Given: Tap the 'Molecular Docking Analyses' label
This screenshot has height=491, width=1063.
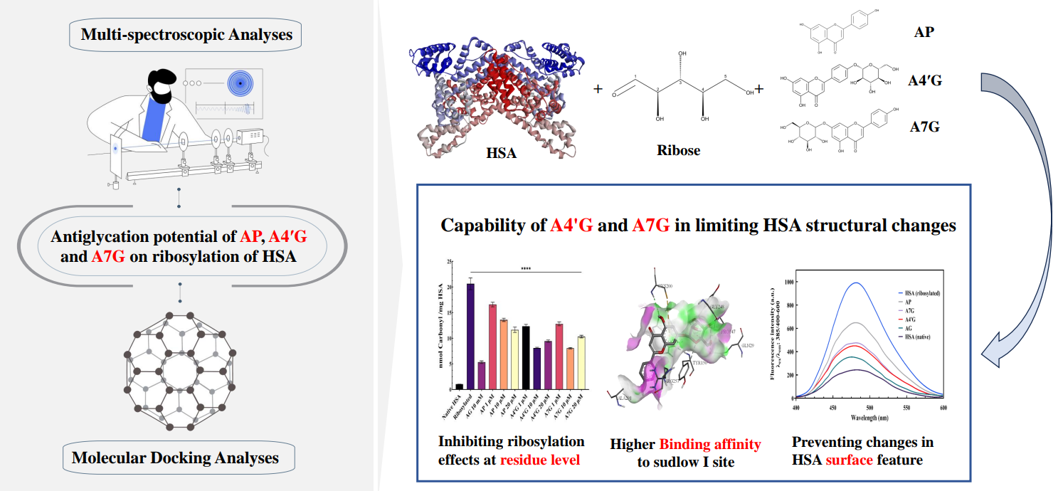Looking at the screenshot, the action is [x=175, y=457].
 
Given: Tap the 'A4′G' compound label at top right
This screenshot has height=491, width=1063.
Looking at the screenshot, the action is [x=925, y=80].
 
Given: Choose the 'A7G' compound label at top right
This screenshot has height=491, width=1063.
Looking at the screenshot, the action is [x=924, y=127].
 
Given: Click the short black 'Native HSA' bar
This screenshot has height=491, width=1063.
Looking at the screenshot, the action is [x=460, y=387].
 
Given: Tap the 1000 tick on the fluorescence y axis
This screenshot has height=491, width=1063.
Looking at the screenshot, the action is [x=787, y=283].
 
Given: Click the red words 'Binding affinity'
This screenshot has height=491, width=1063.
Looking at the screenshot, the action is [x=709, y=445].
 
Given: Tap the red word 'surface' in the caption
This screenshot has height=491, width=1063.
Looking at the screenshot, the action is [x=849, y=460].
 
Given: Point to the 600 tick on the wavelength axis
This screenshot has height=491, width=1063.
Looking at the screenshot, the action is [x=943, y=408].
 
